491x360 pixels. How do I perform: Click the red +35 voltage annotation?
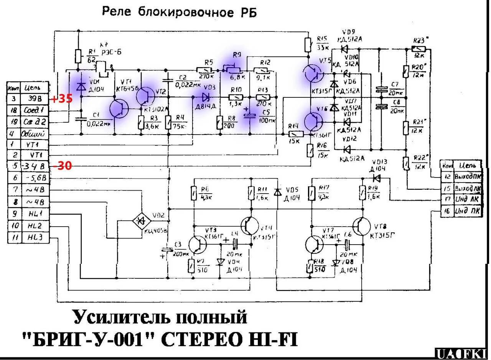point(62,99)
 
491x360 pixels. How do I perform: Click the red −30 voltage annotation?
point(62,166)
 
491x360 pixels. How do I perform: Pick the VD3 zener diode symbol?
point(205,97)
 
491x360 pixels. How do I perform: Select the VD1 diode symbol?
point(81,87)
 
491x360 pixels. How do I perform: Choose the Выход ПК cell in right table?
point(465,177)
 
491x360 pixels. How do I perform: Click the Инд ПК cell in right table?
point(465,211)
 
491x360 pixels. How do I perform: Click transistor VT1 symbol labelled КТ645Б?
point(119,109)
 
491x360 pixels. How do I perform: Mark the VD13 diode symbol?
point(377,178)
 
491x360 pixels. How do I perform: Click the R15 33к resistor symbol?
point(308,44)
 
